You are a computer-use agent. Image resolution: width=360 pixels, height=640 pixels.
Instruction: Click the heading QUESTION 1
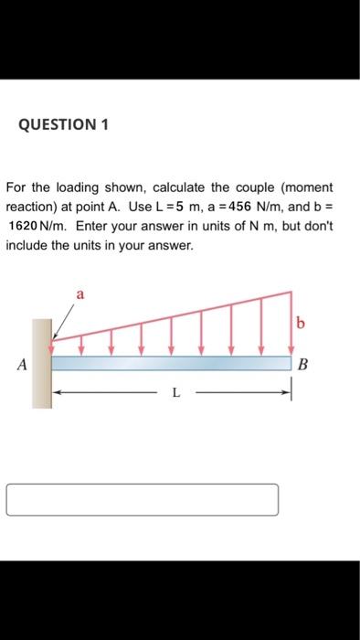pos(62,126)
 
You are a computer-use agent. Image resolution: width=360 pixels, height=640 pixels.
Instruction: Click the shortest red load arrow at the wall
pos(51,349)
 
